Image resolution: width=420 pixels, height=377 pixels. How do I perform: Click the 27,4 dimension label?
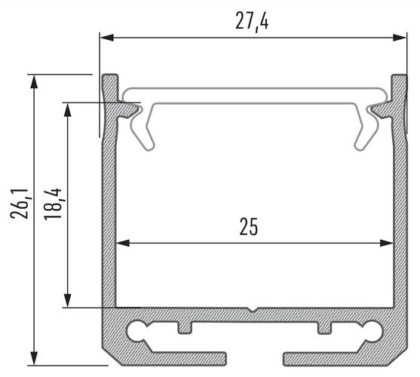point(252,22)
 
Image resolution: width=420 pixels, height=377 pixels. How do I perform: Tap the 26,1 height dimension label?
point(20,204)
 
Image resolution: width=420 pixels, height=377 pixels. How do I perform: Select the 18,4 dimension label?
point(53,204)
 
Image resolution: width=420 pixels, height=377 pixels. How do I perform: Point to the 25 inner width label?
point(249,226)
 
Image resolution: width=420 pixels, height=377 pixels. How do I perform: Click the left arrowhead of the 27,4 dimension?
point(107,38)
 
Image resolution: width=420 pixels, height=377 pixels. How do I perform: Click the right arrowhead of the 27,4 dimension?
point(400,38)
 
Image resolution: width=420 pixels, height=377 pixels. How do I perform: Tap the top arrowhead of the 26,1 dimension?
point(34,81)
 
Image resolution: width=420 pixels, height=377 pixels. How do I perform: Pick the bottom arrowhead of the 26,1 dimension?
point(34,357)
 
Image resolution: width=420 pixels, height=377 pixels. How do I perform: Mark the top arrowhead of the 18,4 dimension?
point(68,110)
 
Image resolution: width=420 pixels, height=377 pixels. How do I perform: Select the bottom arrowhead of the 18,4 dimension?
point(68,300)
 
